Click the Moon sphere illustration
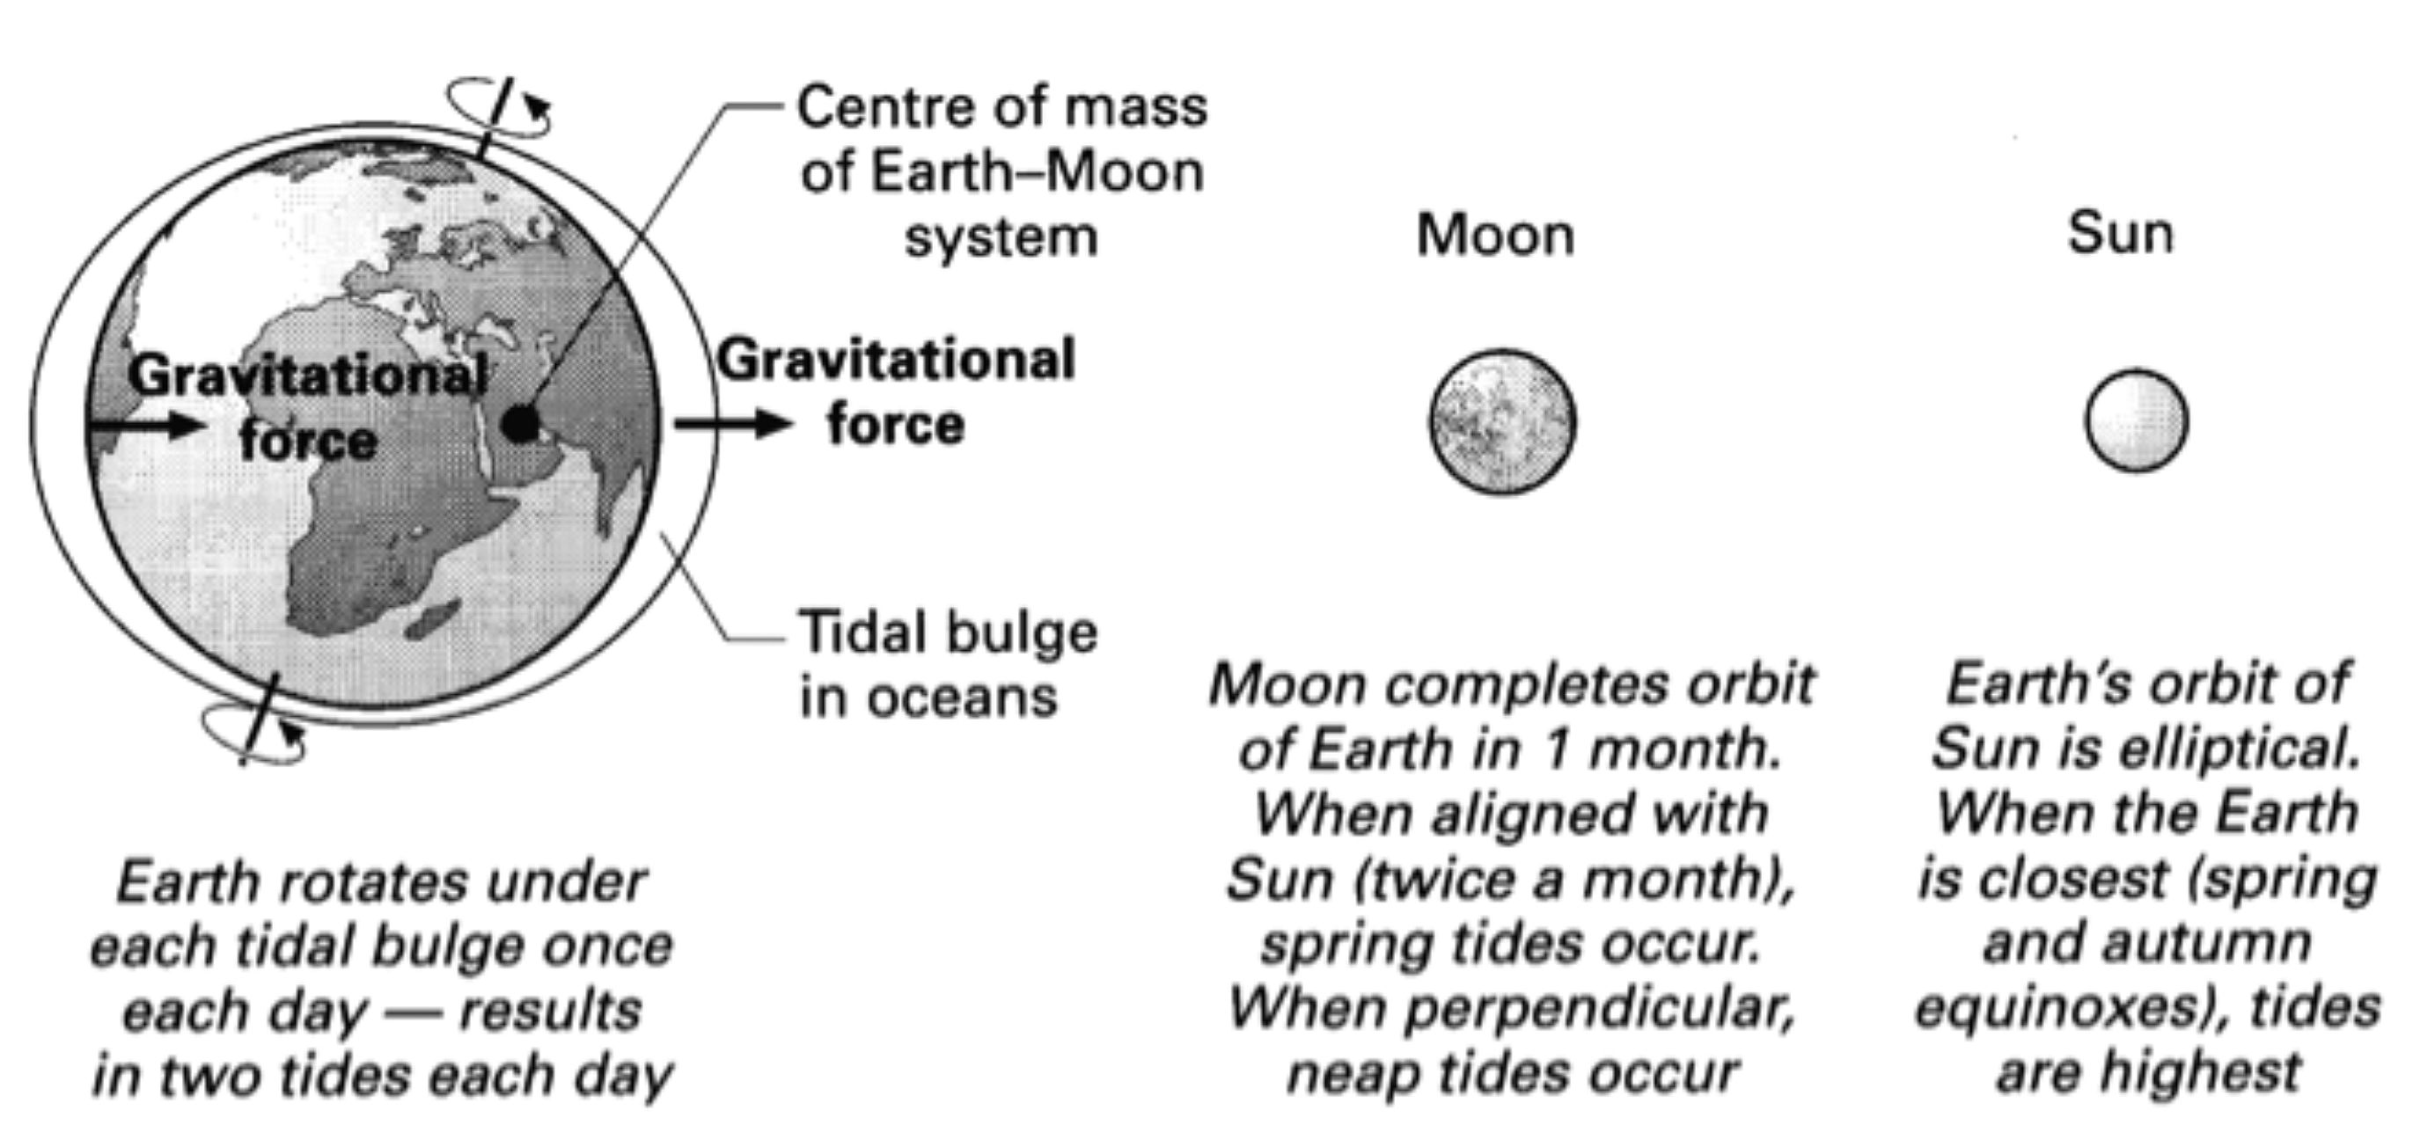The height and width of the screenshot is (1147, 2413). pyautogui.click(x=1502, y=422)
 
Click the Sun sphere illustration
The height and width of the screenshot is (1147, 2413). pyautogui.click(x=2137, y=420)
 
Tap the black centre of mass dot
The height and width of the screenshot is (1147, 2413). pyautogui.click(x=521, y=424)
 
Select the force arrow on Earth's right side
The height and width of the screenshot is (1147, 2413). pyautogui.click(x=733, y=424)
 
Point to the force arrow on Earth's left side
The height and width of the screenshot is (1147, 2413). pyautogui.click(x=146, y=426)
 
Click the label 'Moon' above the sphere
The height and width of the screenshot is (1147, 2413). pyautogui.click(x=1495, y=235)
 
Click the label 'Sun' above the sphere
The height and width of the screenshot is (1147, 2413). pyautogui.click(x=2121, y=233)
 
